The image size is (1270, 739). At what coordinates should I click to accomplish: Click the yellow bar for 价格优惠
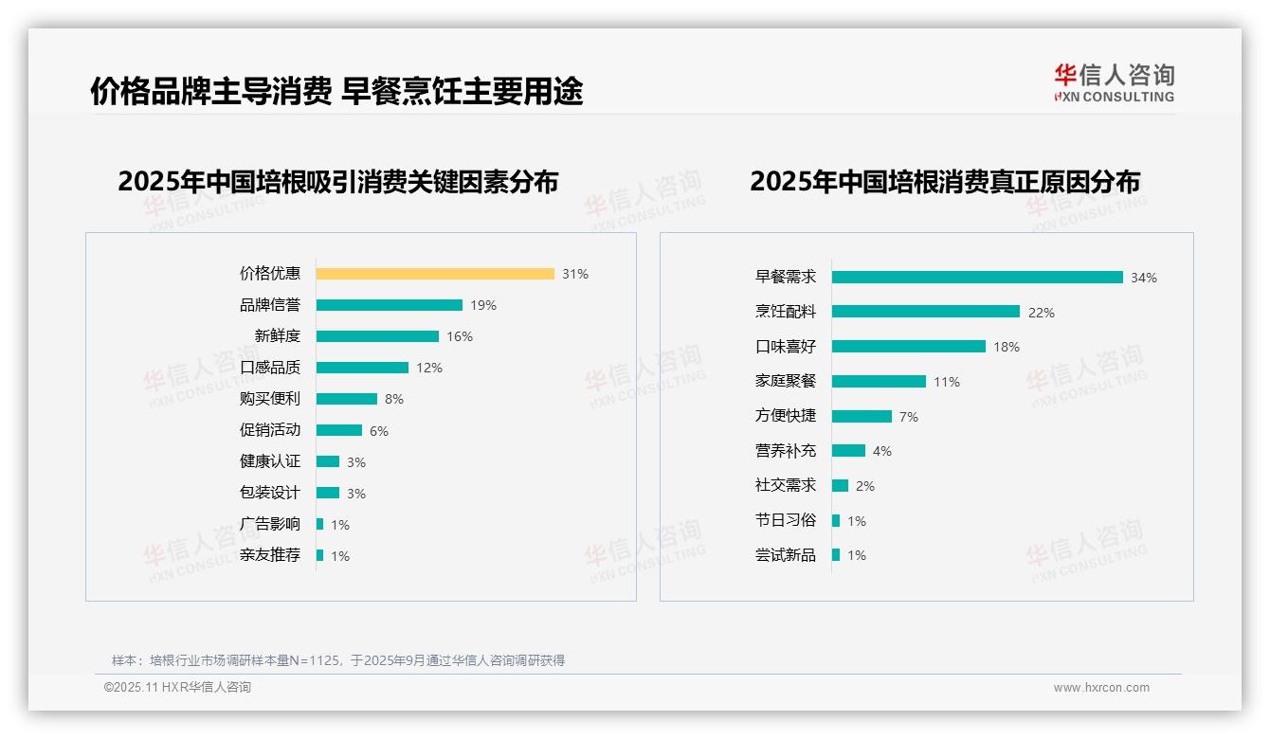coord(435,274)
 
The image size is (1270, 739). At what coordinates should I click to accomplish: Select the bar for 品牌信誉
coord(390,305)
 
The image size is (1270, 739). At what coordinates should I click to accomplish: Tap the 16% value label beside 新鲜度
coord(460,336)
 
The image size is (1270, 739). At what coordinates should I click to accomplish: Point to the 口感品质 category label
coord(270,368)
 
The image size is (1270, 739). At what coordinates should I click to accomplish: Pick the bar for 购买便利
coord(347,399)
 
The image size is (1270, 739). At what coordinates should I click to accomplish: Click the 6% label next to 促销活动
coord(379,431)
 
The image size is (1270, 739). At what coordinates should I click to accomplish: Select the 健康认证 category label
coord(270,461)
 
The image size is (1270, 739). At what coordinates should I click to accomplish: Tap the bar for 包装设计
coord(328,493)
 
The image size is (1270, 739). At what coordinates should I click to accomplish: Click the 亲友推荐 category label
coord(270,555)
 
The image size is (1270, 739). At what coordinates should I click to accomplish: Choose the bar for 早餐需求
coord(977,278)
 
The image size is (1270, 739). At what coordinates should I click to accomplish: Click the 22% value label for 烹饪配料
coord(1042,313)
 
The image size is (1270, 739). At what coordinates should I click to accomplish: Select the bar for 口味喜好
coord(909,347)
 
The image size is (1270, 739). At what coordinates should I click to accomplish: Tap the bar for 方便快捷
coord(862,417)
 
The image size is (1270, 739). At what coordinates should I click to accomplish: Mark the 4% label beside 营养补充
coord(882,451)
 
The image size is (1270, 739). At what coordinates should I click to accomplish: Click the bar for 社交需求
coord(841,486)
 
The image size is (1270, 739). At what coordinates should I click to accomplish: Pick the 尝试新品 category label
coord(786,555)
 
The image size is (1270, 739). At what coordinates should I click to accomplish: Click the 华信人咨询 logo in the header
coord(1114,83)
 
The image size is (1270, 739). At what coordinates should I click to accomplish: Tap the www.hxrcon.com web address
coord(1101,688)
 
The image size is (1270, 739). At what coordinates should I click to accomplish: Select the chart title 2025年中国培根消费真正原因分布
coord(945,181)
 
